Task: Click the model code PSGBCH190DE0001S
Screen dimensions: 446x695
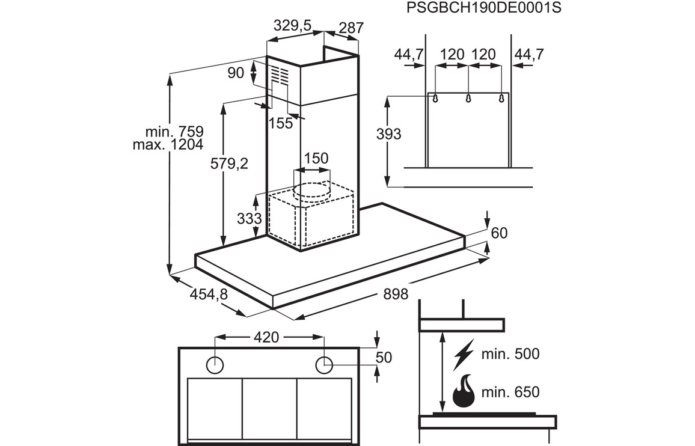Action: pos(479,8)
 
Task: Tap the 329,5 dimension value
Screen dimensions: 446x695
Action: pos(292,26)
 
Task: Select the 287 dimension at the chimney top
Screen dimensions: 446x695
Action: pos(351,28)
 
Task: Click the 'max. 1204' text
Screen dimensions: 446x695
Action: pos(168,144)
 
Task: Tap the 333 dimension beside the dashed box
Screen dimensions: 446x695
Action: pos(249,219)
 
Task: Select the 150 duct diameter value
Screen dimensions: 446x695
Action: pos(316,159)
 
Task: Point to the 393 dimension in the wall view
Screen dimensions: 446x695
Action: pos(388,135)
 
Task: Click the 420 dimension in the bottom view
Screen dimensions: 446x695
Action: pos(266,337)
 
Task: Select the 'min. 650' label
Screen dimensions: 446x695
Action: pos(510,393)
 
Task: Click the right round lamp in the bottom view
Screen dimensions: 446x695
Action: pos(324,363)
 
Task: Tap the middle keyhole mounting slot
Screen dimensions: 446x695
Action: pos(468,98)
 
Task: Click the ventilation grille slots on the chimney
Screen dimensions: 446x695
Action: pos(277,75)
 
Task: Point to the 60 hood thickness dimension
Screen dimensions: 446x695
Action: pos(500,233)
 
